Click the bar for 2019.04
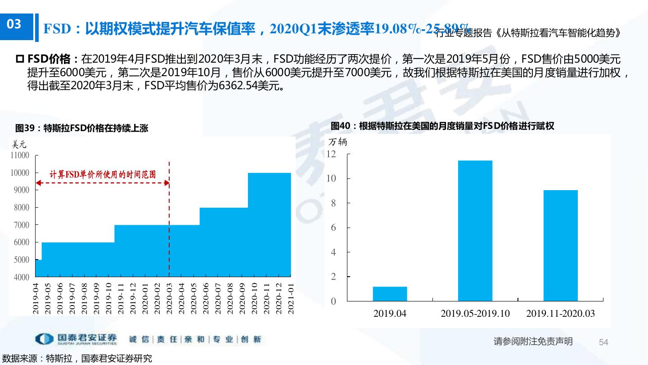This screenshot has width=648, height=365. pyautogui.click(x=390, y=293)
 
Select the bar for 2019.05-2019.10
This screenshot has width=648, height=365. pyautogui.click(x=475, y=231)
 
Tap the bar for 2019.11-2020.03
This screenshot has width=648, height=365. pyautogui.click(x=560, y=246)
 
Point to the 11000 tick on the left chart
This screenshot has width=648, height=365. pyautogui.click(x=20, y=155)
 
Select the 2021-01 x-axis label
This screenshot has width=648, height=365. pyautogui.click(x=291, y=299)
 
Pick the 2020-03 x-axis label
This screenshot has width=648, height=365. pyautogui.click(x=169, y=299)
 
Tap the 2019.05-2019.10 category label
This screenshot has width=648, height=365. pyautogui.click(x=475, y=314)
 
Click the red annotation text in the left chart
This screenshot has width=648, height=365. pyautogui.click(x=103, y=174)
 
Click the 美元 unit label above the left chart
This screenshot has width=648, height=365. pyautogui.click(x=19, y=145)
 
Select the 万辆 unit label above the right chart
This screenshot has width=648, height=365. pyautogui.click(x=337, y=142)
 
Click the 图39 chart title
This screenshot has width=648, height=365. pyautogui.click(x=81, y=128)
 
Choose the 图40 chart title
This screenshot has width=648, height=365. pyautogui.click(x=442, y=126)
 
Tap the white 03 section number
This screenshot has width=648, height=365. pyautogui.click(x=14, y=24)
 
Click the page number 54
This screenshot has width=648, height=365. pyautogui.click(x=603, y=342)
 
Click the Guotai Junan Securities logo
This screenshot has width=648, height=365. pyautogui.click(x=76, y=339)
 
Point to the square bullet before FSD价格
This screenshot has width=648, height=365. pyautogui.click(x=19, y=59)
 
